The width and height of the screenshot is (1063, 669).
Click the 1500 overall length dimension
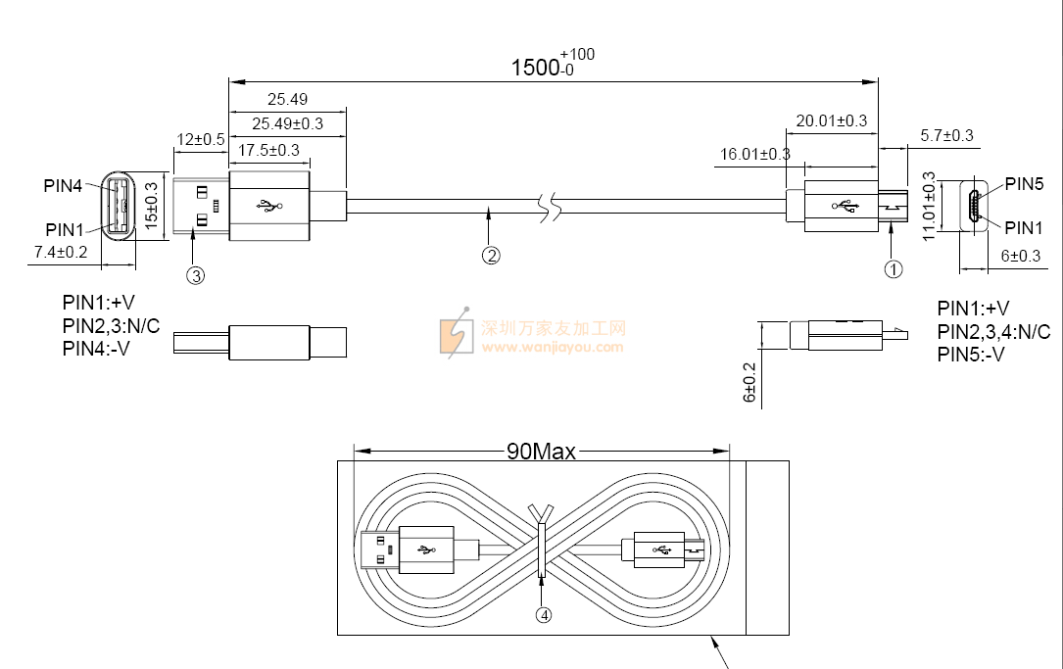552,65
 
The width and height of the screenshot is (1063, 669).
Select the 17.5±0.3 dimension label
268,150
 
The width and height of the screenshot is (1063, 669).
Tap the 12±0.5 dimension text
200,140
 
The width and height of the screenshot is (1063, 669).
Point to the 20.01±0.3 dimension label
831,120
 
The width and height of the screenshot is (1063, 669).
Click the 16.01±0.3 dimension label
754,154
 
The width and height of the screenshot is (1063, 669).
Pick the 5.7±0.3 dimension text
946,135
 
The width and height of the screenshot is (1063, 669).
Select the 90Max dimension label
541,452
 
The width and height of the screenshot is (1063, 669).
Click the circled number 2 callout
491,256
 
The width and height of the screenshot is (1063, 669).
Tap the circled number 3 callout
195,275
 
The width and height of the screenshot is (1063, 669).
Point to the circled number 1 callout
894,269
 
